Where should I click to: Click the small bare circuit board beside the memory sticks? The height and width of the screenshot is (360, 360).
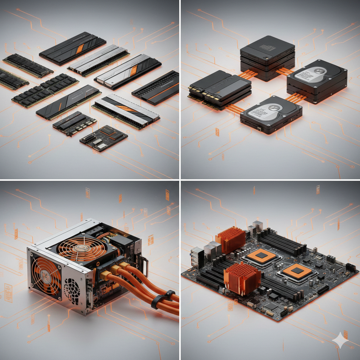coord(104,138)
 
